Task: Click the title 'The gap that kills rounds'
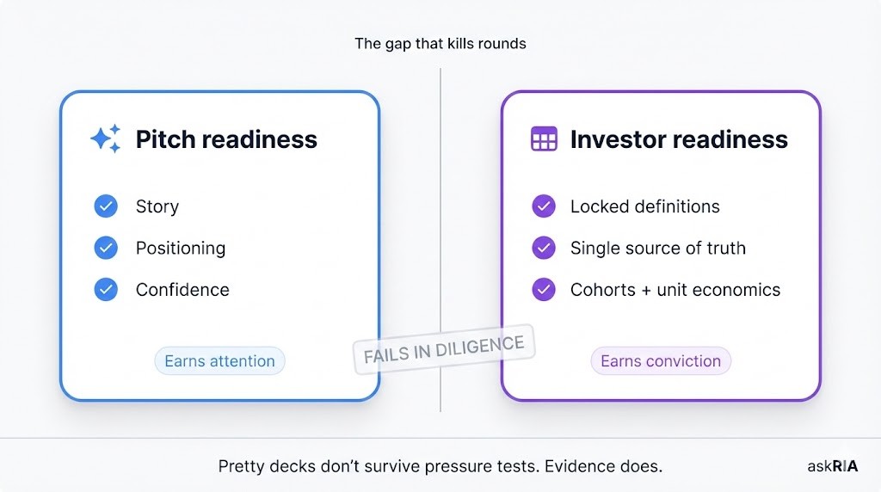(x=440, y=43)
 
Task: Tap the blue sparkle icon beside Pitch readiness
(x=106, y=139)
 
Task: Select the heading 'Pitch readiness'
(x=226, y=139)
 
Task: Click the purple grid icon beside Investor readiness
(x=544, y=139)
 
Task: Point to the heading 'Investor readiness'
(x=679, y=139)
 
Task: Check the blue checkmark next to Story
(x=106, y=206)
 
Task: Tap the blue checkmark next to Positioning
(x=106, y=248)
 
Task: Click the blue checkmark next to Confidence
(x=106, y=289)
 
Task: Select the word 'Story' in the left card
(x=157, y=206)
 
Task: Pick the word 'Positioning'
(x=181, y=248)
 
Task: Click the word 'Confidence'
(x=182, y=289)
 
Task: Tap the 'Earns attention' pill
(x=219, y=361)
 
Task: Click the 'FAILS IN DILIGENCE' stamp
(x=444, y=350)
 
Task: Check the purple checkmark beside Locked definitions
(x=544, y=206)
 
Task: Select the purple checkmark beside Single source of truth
(x=544, y=248)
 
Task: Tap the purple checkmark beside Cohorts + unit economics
(x=544, y=289)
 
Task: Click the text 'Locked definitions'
(x=645, y=206)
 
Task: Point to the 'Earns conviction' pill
(x=661, y=361)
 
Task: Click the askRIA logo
(x=832, y=466)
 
